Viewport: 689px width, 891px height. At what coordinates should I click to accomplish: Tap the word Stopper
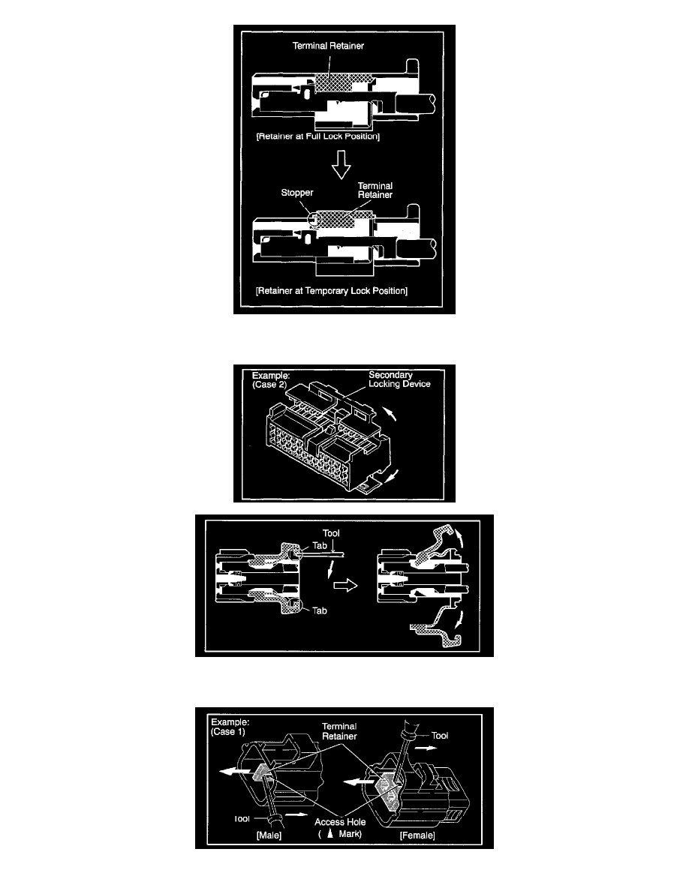coord(296,193)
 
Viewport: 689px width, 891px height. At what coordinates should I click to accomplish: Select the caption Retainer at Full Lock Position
coord(317,136)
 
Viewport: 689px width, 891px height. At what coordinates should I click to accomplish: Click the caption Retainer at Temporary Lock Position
coord(332,291)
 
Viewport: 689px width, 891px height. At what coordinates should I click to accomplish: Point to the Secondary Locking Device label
coord(399,379)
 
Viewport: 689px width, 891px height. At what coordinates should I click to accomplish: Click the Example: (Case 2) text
coord(271,380)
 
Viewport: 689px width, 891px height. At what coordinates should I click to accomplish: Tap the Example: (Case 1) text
coord(230,727)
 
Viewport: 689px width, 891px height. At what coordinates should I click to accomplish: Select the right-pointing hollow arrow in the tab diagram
coord(345,585)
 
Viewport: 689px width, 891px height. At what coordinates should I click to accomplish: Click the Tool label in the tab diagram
coord(331,533)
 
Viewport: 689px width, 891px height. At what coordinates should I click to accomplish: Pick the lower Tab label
coord(320,610)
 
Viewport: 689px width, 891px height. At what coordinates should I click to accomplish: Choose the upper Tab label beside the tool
coord(320,545)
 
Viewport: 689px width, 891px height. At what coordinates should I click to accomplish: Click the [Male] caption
coord(269,835)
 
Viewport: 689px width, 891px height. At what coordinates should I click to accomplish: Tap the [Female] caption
coord(417,835)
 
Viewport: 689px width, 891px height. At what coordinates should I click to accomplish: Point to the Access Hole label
coord(340,822)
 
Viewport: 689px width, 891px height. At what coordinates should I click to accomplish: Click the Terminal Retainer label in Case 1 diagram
coord(339,731)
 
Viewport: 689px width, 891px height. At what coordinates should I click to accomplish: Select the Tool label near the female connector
coord(439,735)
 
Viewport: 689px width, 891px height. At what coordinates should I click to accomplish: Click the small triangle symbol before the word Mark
coord(329,834)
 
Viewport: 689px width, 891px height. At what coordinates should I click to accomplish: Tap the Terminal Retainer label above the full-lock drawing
coord(328,46)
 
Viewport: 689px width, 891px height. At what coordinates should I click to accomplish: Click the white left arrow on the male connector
coord(235,771)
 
